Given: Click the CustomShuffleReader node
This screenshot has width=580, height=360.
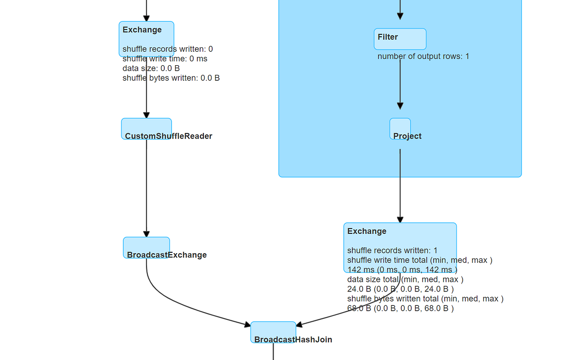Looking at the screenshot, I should (146, 129).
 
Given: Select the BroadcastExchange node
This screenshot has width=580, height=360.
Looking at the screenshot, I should (146, 248).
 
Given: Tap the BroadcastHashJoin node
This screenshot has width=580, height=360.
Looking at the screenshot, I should (273, 332).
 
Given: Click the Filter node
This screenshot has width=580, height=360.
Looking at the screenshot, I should (400, 39).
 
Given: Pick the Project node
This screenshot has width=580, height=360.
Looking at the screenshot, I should (400, 129).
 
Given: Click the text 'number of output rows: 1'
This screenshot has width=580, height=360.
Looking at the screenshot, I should (423, 57).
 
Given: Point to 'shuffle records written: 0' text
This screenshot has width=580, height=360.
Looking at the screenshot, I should (167, 49).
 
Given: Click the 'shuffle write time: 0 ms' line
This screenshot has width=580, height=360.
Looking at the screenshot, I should (164, 59).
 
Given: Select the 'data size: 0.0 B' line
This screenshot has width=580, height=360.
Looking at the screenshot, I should (151, 69).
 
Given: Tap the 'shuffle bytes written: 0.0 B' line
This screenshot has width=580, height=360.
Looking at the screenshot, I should (171, 78).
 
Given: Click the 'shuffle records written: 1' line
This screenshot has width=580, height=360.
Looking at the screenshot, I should (392, 250).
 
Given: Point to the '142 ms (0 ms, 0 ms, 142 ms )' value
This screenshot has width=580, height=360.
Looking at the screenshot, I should (402, 270).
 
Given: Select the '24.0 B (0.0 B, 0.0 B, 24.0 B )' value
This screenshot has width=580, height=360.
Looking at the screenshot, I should (400, 289).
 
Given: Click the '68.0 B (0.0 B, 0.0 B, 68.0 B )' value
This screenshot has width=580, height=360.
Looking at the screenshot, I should (400, 308).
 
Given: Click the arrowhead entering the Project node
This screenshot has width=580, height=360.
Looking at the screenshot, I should (400, 106).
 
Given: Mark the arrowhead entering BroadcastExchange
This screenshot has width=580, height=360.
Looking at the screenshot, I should (146, 234).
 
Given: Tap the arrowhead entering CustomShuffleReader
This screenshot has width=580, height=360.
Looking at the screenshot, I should (146, 115).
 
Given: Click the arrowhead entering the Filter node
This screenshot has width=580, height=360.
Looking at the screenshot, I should (400, 16).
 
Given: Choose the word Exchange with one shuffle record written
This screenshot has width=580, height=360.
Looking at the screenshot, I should (367, 231).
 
